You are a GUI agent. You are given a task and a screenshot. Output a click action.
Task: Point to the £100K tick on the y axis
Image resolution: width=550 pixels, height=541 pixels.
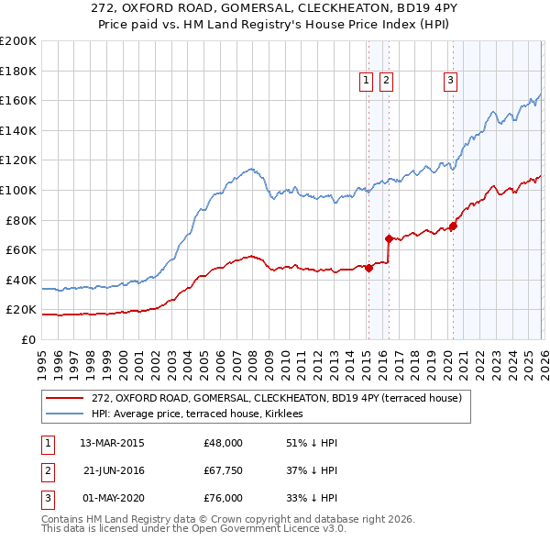click(18, 190)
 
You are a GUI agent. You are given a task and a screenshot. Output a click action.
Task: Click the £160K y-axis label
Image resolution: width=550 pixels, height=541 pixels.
click(18, 100)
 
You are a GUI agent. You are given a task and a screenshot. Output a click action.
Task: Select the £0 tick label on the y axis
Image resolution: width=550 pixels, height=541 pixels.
click(28, 339)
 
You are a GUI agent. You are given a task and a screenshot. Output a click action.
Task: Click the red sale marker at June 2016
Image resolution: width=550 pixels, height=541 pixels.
click(389, 238)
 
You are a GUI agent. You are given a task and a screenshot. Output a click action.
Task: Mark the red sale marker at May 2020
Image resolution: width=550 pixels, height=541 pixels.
click(452, 226)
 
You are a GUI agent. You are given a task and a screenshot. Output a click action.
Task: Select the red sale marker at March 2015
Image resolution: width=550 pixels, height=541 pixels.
click(368, 268)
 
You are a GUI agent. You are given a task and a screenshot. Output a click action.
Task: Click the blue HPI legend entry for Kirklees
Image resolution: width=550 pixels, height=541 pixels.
click(203, 414)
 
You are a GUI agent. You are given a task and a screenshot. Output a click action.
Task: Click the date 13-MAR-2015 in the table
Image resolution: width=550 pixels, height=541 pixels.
click(112, 443)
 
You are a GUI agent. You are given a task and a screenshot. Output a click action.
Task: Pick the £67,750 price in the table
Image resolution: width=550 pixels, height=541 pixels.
click(223, 470)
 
